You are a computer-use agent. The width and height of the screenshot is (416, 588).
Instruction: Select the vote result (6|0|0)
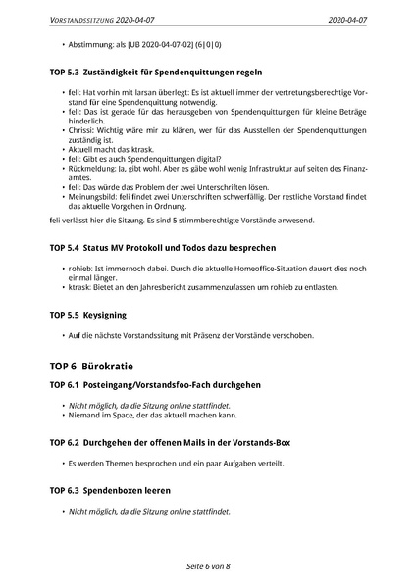point(204,45)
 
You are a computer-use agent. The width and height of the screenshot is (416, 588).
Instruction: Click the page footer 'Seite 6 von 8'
point(208,566)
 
